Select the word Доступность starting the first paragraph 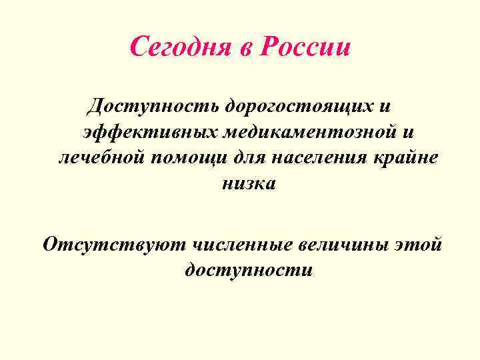155,106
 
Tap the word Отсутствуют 113,245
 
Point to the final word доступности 248,271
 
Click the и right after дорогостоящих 383,106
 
